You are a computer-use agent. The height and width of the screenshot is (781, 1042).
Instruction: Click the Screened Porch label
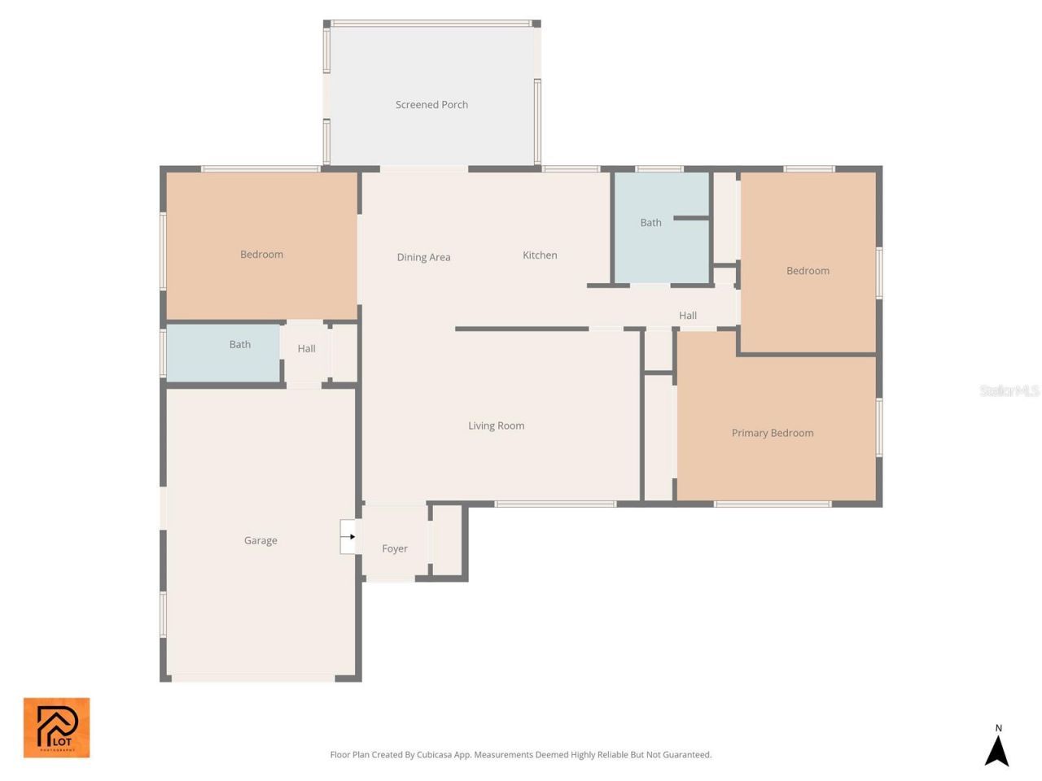coord(431,105)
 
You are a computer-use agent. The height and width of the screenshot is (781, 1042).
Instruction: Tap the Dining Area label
coord(423,257)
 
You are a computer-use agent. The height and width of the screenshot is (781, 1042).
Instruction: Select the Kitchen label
coord(540,255)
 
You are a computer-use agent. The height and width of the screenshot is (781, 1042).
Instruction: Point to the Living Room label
coord(496,425)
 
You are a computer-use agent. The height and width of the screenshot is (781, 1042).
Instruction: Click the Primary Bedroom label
coord(772,433)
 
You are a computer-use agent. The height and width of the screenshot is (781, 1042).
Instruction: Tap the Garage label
coord(260,540)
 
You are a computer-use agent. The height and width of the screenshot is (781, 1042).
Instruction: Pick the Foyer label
coord(395,548)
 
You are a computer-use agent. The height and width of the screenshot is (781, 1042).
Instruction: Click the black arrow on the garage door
coord(351,537)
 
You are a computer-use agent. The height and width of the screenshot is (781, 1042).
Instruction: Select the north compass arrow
coord(997,751)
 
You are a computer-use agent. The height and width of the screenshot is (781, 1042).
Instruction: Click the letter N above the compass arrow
coord(998,728)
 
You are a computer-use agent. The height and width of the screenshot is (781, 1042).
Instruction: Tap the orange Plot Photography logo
coord(56,727)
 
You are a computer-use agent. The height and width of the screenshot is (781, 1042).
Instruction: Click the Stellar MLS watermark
coord(1009,391)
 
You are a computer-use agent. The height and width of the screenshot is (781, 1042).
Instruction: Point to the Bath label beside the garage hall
coord(240,345)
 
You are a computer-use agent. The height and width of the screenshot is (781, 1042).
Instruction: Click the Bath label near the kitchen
coord(650,223)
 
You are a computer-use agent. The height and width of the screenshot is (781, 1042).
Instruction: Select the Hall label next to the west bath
coord(306,349)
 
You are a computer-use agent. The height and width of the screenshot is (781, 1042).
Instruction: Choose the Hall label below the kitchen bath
coord(688,316)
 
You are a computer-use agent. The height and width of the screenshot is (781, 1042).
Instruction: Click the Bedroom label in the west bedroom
coord(261,255)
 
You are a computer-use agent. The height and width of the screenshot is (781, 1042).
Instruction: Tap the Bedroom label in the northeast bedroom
coord(808,271)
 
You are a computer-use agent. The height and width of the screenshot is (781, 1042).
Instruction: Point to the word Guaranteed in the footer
coord(684,755)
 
